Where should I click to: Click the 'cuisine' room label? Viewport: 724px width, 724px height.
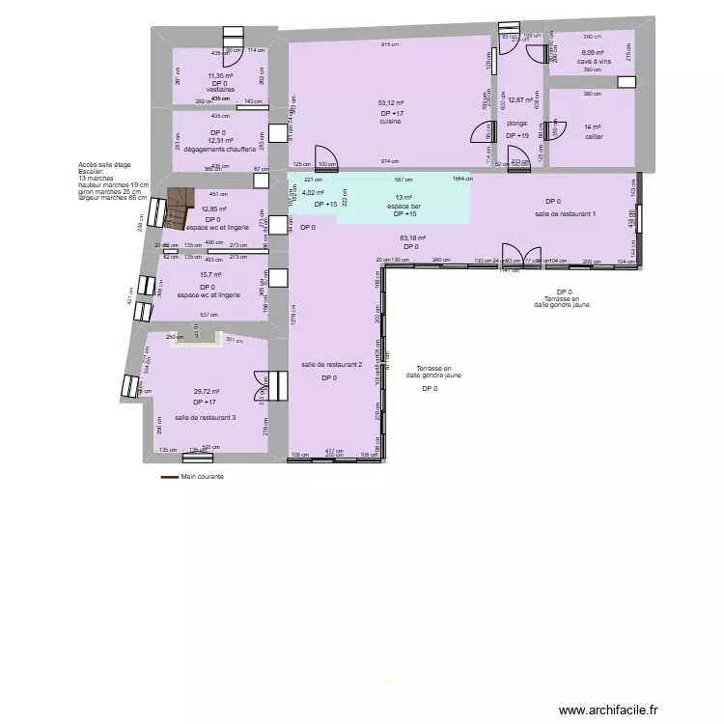(390, 122)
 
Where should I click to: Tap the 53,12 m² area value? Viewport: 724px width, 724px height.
(391, 102)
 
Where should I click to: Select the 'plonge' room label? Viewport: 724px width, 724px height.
(516, 124)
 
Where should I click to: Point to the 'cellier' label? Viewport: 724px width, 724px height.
(593, 137)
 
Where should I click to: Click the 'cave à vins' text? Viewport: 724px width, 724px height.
(595, 62)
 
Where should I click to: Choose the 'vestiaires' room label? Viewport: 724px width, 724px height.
(220, 90)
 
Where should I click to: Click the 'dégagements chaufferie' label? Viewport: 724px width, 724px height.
(219, 150)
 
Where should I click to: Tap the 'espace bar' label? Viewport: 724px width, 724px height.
(404, 206)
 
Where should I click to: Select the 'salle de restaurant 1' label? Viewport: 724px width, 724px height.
(567, 213)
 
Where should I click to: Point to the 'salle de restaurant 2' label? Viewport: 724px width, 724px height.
(331, 364)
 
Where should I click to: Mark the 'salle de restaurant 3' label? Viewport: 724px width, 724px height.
(205, 418)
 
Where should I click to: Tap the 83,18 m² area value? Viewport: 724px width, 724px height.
(411, 237)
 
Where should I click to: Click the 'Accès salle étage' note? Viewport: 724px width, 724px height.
(105, 165)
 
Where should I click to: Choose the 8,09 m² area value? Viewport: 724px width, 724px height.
(592, 53)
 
